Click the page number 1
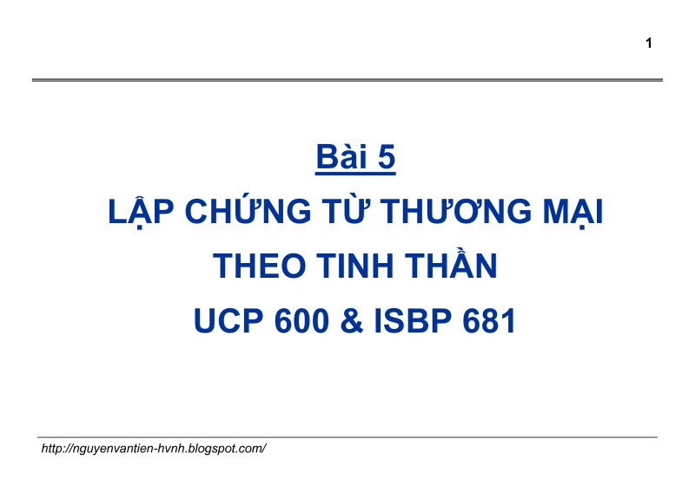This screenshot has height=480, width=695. point(649,43)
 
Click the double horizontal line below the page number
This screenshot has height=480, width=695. point(347,80)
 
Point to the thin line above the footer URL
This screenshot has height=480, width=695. point(347,437)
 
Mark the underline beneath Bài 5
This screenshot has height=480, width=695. point(356,174)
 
